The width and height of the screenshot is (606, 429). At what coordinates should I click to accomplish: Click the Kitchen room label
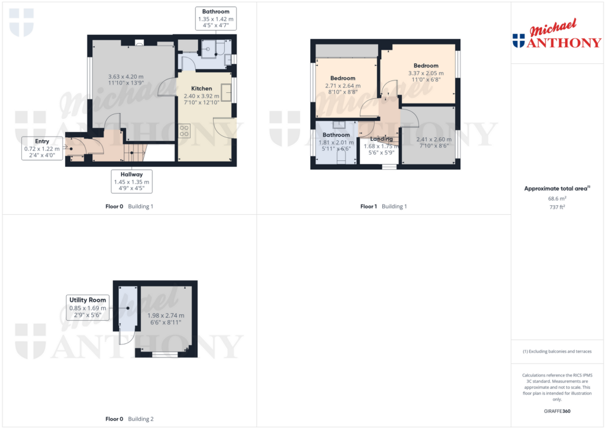[201, 89]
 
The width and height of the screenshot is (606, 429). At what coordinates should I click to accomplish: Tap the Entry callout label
[42, 141]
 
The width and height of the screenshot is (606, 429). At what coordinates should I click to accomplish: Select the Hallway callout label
[132, 175]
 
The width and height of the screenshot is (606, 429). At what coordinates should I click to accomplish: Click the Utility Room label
[88, 300]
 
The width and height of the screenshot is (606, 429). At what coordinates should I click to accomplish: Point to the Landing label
[382, 139]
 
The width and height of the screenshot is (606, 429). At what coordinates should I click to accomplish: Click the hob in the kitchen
[184, 130]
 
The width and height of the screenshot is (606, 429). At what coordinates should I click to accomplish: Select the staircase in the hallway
[135, 155]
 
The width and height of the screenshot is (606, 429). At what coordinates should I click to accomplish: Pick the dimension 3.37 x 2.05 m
[426, 73]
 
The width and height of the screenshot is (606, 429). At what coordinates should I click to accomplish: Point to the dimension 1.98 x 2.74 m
[166, 315]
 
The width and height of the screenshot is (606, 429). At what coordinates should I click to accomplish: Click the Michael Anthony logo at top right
[556, 34]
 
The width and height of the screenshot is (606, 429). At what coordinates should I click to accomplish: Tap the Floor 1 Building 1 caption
[383, 207]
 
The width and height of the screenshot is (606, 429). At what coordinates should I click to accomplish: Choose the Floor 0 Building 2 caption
[129, 419]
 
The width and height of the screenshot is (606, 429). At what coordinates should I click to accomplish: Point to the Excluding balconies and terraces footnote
[557, 351]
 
